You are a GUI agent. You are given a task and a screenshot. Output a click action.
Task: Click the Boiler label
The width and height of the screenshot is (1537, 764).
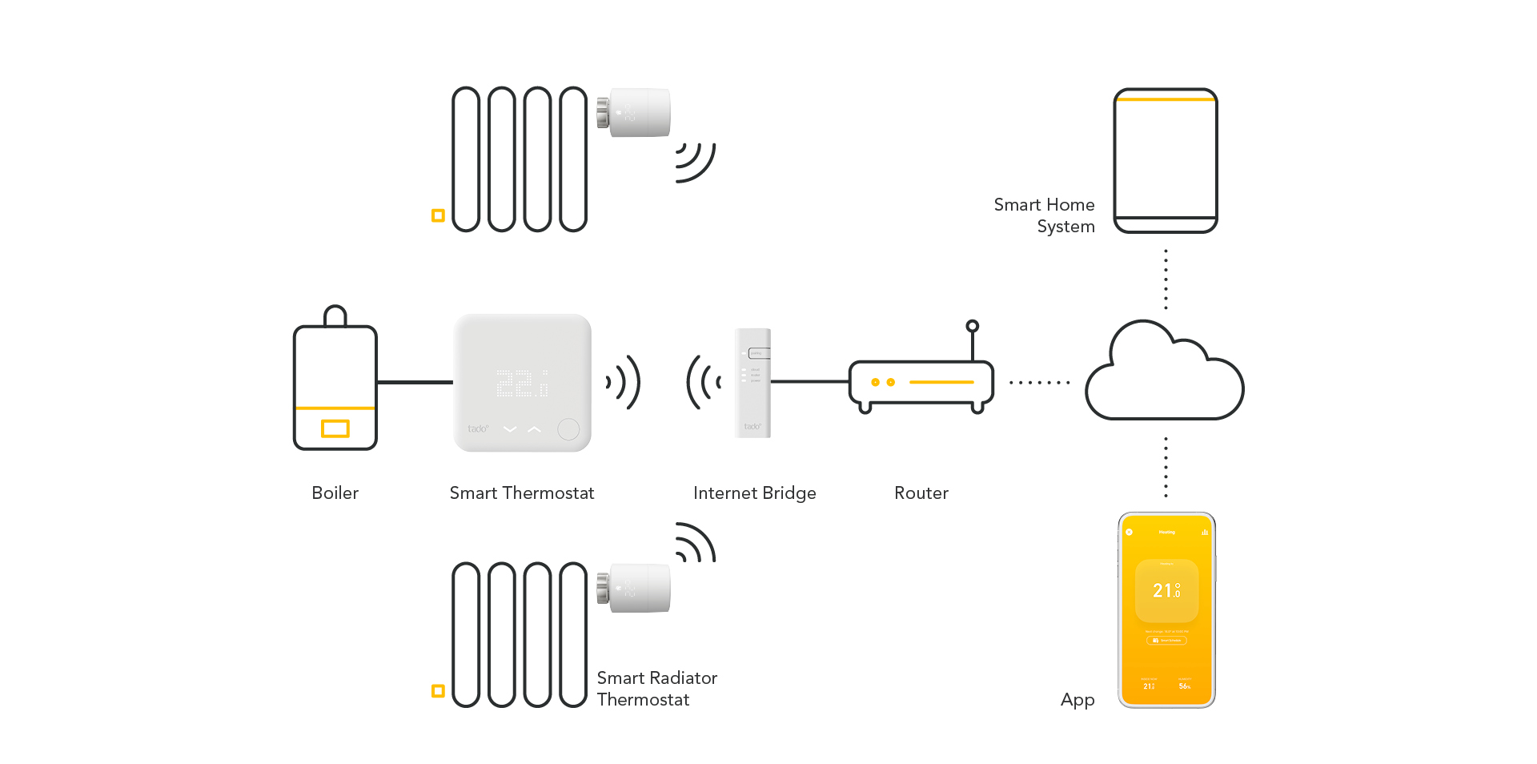click(x=335, y=493)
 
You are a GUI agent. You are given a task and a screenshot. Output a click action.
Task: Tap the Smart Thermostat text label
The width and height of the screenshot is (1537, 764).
click(x=521, y=493)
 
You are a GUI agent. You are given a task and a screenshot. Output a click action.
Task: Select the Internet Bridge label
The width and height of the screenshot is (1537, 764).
click(x=754, y=493)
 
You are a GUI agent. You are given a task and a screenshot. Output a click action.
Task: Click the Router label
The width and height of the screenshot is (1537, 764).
click(x=921, y=493)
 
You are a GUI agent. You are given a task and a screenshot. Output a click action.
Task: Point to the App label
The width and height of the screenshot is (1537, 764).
click(x=1077, y=700)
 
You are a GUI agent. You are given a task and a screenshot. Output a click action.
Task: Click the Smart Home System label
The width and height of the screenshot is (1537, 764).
click(x=1044, y=215)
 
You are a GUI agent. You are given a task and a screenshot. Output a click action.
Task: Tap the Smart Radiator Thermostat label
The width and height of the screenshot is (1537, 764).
click(x=656, y=689)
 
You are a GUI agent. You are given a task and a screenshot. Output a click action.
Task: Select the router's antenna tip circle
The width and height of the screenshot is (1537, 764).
click(x=972, y=326)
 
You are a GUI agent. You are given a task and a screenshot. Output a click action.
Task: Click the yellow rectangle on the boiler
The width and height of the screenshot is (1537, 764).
click(x=335, y=428)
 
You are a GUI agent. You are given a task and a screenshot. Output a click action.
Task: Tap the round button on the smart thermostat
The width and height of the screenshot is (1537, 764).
click(x=568, y=429)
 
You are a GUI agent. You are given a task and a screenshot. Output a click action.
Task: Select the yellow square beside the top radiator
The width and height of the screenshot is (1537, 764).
click(x=438, y=215)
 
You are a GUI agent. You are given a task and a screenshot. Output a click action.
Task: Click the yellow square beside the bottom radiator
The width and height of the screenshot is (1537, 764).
click(x=438, y=690)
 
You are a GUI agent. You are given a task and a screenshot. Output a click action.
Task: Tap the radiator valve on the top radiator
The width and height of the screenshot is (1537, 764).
click(x=633, y=112)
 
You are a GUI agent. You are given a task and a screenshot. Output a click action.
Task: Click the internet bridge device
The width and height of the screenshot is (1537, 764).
click(x=752, y=383)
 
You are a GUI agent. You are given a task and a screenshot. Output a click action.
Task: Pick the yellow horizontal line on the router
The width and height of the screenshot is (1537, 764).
click(x=941, y=383)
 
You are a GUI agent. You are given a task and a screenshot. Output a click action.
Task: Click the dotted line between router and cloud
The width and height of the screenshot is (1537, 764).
click(x=1039, y=383)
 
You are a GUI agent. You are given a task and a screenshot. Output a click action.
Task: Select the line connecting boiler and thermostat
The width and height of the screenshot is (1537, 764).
click(x=415, y=383)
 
